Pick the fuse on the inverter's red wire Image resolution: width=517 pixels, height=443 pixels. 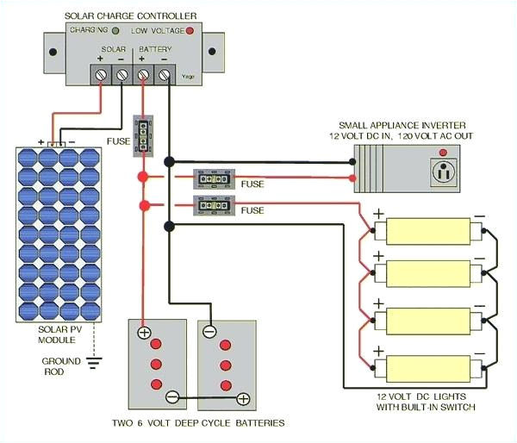coord(214,178)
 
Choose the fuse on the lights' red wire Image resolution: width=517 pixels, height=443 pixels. coord(214,206)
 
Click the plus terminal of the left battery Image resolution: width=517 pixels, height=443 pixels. coord(145,332)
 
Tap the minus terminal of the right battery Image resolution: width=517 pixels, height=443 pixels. coord(209,332)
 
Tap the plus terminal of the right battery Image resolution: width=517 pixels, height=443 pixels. coord(243,398)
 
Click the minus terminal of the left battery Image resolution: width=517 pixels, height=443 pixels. coord(172,398)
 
